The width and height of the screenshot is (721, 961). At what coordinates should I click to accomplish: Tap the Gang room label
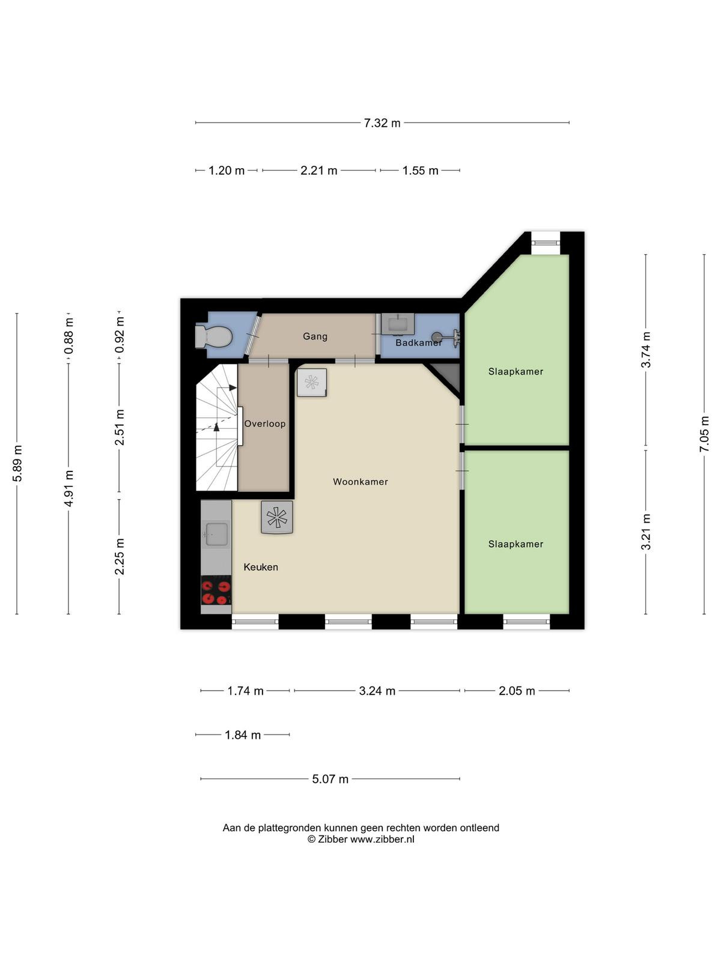[x=315, y=336]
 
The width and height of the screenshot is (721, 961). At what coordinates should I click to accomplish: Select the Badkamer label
[x=419, y=343]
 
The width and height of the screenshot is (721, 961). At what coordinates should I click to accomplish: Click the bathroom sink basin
[x=398, y=324]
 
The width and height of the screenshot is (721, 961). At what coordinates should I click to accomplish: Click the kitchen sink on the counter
[x=216, y=534]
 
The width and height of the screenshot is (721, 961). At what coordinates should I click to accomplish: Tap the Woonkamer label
[x=360, y=482]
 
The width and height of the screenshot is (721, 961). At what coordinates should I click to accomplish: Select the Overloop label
[x=265, y=424]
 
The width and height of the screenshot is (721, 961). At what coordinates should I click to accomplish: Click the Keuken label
[x=261, y=567]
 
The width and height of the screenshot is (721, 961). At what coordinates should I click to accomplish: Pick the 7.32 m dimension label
[x=382, y=123]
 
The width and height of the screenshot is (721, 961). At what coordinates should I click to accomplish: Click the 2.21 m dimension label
[x=318, y=171]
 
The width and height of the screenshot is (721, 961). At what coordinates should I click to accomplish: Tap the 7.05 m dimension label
[x=704, y=434]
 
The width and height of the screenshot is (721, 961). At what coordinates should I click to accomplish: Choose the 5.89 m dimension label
[x=17, y=463]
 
